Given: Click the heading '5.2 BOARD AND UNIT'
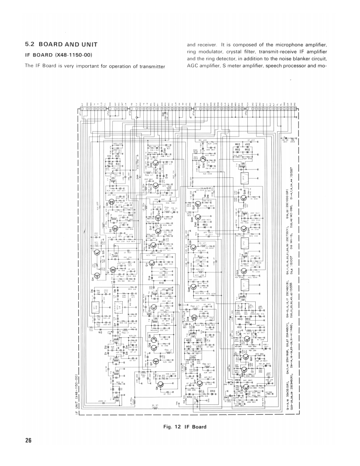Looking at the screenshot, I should point(61,45).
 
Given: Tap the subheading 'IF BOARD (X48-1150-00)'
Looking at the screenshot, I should point(59,55).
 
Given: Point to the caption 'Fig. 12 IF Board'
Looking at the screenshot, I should point(185,427).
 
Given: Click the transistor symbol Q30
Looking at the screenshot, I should point(203,159).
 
